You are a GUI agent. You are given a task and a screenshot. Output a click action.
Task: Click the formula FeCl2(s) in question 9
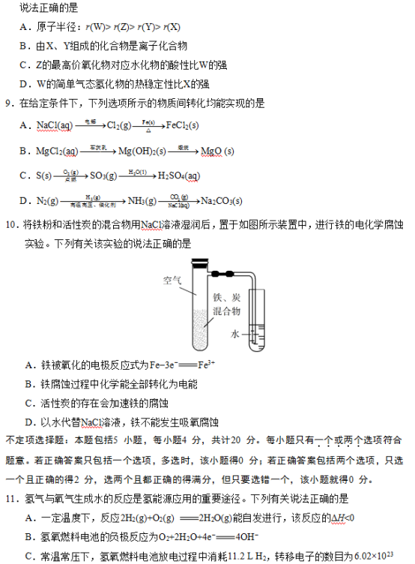tap(182, 125)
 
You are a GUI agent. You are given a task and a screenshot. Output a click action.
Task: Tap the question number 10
tap(10, 224)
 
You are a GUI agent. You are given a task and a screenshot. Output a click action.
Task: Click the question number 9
tap(8, 102)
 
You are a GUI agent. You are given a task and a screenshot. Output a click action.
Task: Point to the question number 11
tap(10, 498)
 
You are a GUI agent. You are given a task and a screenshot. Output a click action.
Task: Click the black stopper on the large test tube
tap(200, 263)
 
